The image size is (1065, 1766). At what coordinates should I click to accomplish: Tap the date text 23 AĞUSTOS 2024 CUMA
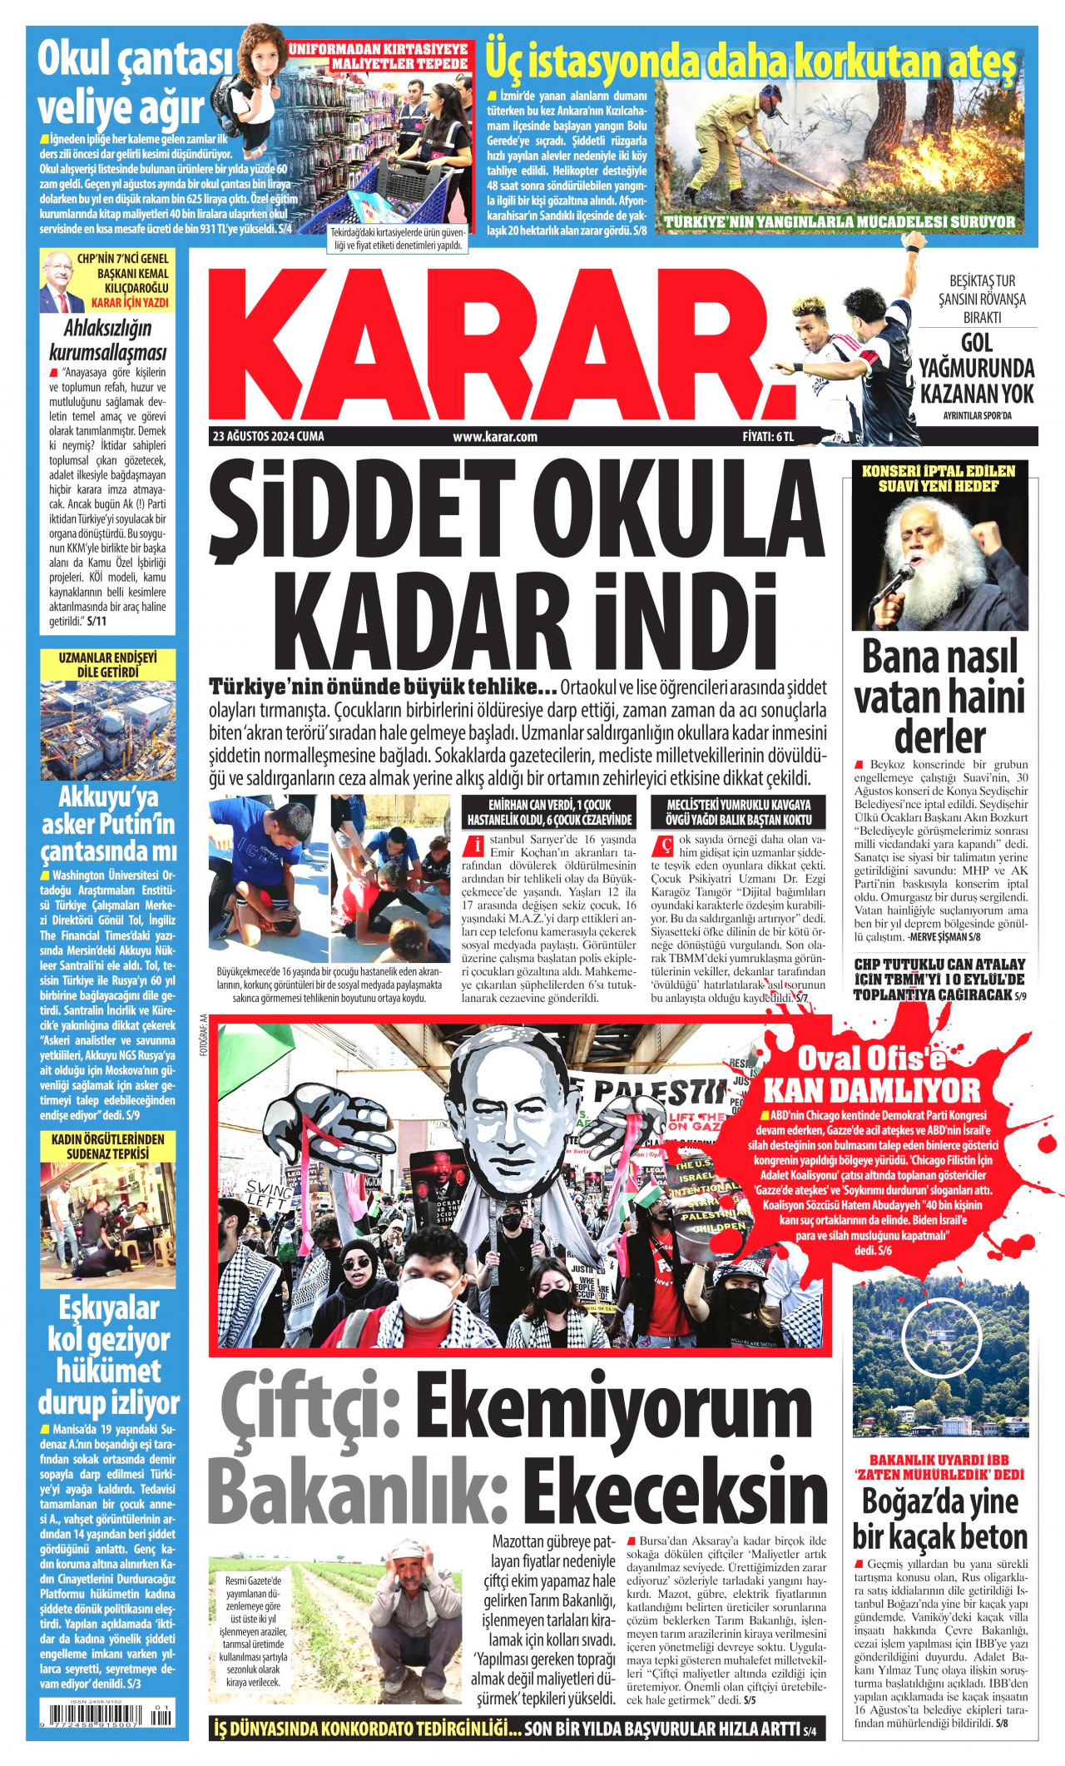[x=268, y=436]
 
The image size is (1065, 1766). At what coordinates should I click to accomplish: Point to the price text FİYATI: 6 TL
[x=769, y=436]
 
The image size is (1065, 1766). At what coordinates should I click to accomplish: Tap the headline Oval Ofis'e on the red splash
[x=872, y=1059]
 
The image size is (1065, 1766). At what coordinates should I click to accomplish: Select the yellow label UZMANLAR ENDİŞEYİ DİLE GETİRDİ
[x=108, y=664]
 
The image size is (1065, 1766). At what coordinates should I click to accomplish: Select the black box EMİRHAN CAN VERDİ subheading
[x=548, y=812]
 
